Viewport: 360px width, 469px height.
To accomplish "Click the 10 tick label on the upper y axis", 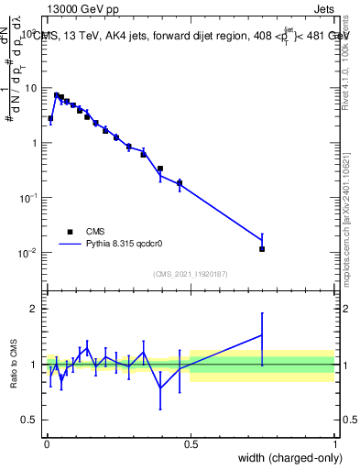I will (x=31, y=88).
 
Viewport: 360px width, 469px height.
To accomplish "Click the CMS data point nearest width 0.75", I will (x=262, y=248).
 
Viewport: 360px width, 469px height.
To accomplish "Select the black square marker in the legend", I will (x=70, y=232).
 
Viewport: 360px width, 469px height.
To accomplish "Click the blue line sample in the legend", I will (x=70, y=245).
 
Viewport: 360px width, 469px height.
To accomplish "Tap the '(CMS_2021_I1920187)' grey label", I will (x=191, y=273).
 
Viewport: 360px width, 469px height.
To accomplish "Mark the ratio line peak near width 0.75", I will (x=262, y=335).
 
